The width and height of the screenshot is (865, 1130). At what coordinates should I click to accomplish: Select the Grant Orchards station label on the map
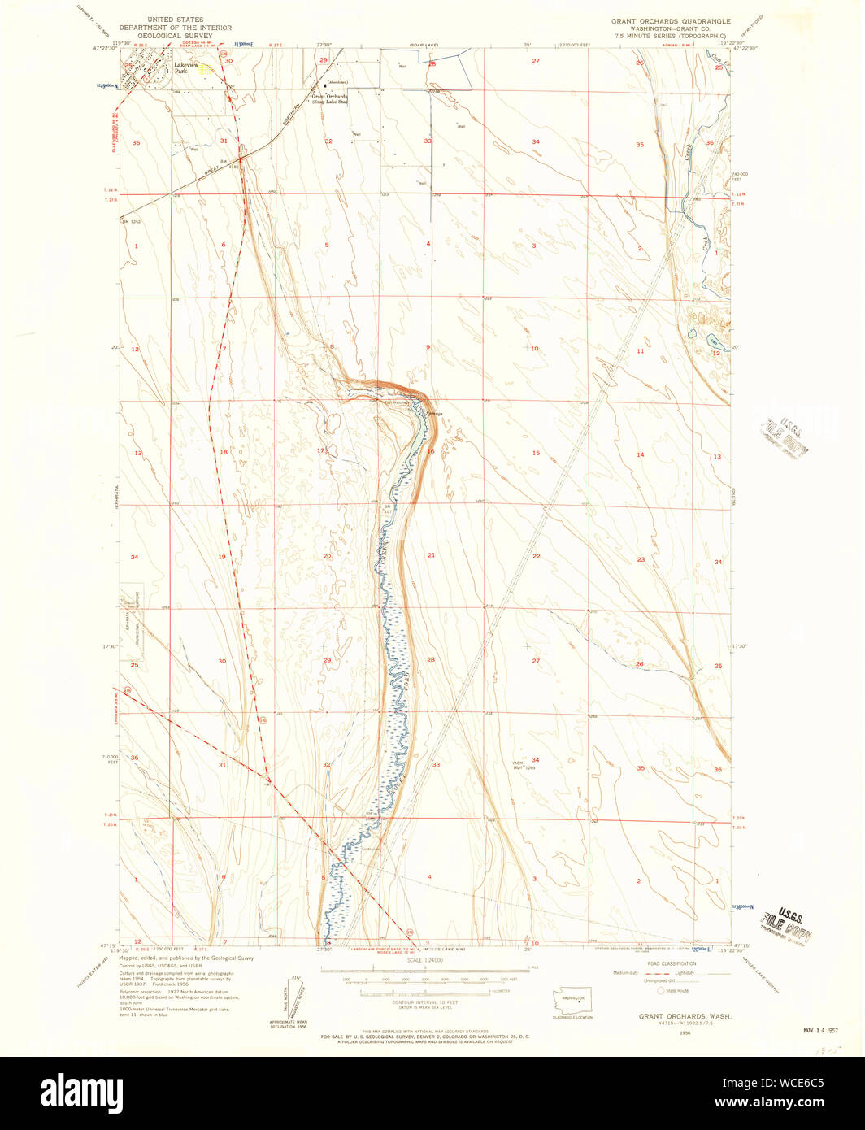coord(330,98)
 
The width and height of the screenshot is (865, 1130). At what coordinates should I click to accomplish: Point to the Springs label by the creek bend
coord(435,415)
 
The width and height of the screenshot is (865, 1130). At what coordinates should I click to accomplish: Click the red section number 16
coord(431,451)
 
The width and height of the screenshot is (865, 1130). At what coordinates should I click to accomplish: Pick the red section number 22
coord(537,556)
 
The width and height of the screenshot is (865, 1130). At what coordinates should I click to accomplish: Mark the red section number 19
coord(222,557)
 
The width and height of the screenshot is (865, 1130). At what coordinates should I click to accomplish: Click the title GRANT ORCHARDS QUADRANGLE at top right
coord(671,21)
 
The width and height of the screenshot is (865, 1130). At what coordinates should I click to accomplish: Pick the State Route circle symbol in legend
coord(661,991)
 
